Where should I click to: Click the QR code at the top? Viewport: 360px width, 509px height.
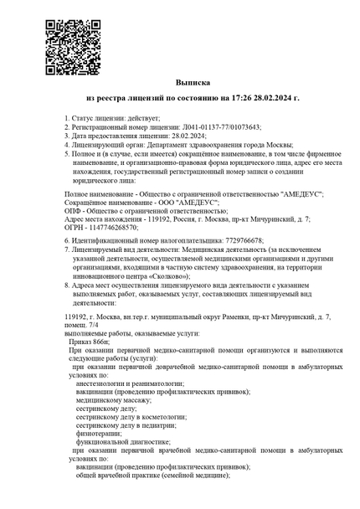tap(68, 40)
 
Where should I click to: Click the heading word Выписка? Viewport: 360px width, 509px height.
tap(179, 85)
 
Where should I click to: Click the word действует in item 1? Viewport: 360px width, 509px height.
tap(142, 119)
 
